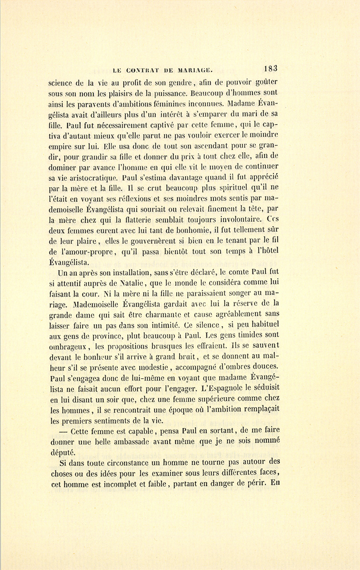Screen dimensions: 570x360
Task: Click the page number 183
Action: [x=271, y=68]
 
